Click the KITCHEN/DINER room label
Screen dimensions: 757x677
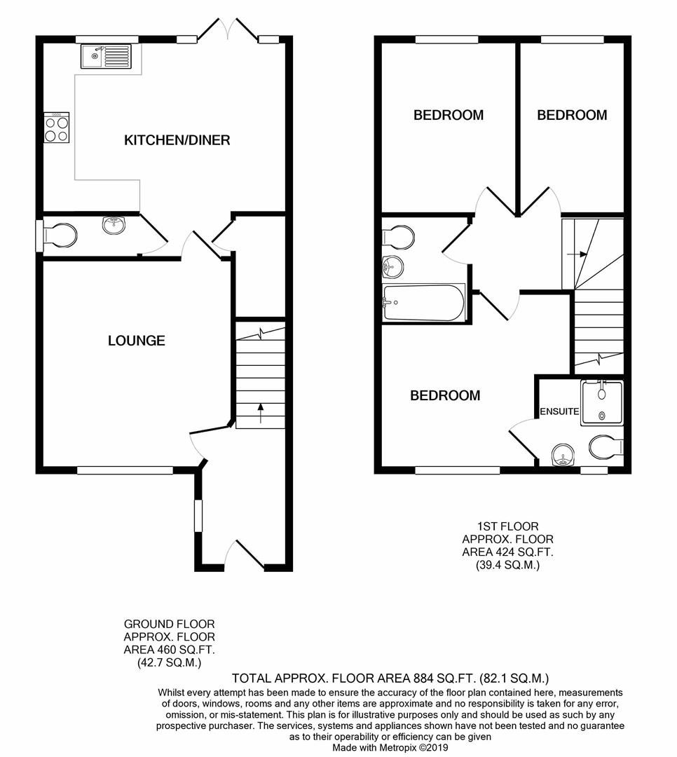177,140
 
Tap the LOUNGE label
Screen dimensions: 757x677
137,341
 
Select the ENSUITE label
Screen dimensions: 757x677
559,411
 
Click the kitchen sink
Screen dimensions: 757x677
106,56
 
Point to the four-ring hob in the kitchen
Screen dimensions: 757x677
57,128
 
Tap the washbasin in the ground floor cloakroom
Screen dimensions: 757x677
112,224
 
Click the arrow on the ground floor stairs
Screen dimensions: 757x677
261,414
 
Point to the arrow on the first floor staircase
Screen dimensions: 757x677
580,255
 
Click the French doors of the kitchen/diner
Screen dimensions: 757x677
228,31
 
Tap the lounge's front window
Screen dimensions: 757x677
125,470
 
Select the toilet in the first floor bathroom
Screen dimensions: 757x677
399,236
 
